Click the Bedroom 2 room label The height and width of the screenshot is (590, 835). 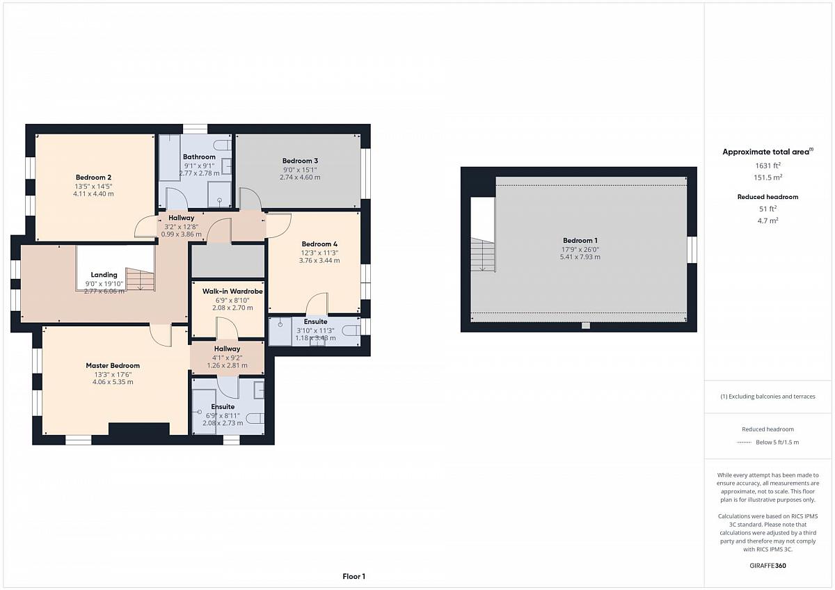pos(93,177)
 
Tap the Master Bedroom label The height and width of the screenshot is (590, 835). pos(113,366)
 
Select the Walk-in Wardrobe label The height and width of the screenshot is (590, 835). pos(232,291)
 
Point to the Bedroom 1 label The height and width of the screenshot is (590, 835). pos(580,241)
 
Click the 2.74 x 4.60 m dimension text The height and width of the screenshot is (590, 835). pos(300,177)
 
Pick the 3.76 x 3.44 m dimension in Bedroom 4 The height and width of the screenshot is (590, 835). pos(319,260)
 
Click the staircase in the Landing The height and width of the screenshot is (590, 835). pos(140,279)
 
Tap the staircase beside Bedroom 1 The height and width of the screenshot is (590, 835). pos(483,255)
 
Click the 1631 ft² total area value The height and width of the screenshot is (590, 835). pos(768,165)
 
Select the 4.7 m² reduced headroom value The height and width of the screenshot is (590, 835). pos(768,221)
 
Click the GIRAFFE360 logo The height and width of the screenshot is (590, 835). pos(768,566)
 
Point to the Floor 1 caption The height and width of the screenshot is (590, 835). pos(353,576)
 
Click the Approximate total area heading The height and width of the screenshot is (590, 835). pos(768,151)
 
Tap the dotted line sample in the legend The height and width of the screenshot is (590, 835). pos(745,442)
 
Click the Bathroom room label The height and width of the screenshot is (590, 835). pos(199,157)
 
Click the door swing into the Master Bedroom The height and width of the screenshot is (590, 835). pos(161,335)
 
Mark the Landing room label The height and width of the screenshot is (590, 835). pos(104,275)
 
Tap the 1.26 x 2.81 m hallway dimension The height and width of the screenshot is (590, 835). pos(227,365)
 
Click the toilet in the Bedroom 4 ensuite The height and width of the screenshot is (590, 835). pos(351,330)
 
